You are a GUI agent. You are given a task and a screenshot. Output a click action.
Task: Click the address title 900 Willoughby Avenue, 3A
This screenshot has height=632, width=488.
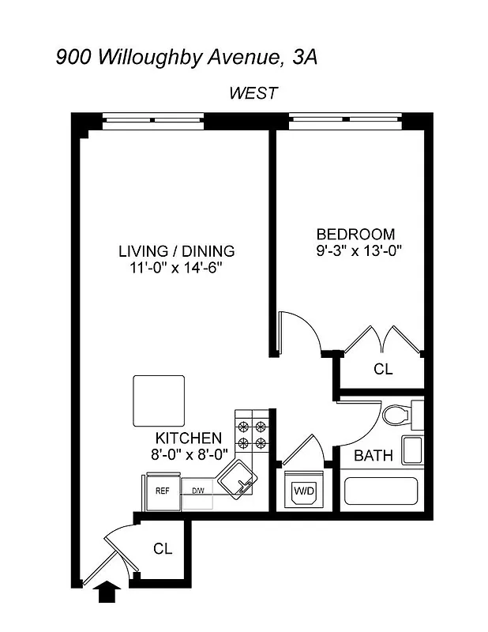[x=187, y=57]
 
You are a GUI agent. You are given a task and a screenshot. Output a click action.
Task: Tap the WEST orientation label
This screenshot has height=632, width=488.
[x=253, y=93]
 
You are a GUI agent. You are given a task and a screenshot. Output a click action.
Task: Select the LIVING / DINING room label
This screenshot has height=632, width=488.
[x=176, y=252]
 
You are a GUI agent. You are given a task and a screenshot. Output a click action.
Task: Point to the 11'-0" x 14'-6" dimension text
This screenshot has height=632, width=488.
[x=176, y=268]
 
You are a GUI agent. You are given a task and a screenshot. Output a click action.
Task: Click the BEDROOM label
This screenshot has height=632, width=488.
[x=355, y=235]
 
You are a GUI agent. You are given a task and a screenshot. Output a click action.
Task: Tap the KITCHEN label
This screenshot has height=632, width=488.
[x=188, y=438]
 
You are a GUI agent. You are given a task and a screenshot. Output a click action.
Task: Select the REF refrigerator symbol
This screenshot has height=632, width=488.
[x=163, y=491]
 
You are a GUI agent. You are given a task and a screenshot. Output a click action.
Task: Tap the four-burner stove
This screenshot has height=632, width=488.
[x=253, y=433]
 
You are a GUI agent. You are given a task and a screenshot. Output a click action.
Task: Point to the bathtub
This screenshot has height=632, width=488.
[x=382, y=491]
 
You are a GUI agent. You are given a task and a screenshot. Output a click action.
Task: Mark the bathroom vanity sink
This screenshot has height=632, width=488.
[x=412, y=450]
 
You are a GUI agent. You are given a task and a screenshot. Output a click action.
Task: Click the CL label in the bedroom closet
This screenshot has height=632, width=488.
[x=383, y=369]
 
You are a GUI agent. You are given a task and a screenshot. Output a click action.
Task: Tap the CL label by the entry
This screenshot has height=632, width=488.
[x=163, y=548]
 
